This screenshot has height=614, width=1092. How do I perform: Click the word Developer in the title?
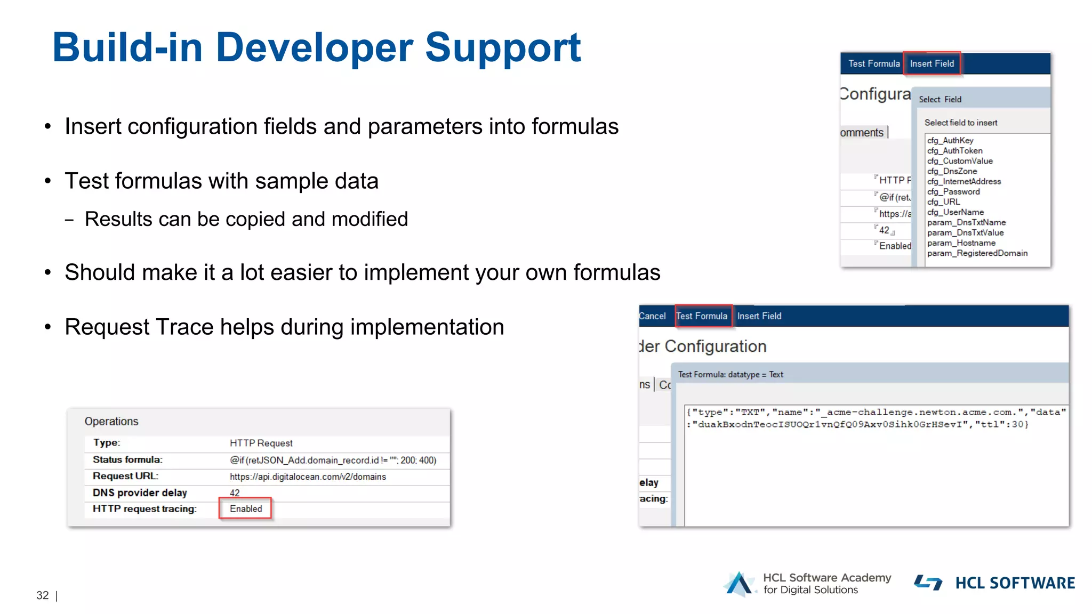(314, 48)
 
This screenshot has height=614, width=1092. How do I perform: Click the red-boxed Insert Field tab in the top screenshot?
(932, 63)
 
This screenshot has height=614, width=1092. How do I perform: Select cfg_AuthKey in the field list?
(950, 140)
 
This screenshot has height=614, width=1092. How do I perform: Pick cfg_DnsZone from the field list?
(952, 171)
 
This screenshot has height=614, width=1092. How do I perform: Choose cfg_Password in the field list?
(953, 191)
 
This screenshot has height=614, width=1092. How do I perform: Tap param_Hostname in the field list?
(961, 243)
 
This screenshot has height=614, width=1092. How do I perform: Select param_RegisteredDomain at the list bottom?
(977, 253)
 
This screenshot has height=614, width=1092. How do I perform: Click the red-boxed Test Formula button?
(702, 316)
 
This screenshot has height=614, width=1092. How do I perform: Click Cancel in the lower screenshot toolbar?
(653, 316)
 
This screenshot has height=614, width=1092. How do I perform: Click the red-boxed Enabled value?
(246, 508)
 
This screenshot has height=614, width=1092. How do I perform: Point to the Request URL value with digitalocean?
(308, 476)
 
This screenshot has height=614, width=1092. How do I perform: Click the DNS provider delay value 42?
(235, 493)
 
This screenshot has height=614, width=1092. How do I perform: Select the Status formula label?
(127, 459)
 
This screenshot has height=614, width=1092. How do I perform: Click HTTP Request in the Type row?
(261, 443)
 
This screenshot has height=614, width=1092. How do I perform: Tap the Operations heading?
(111, 421)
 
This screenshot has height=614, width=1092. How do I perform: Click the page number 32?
(43, 595)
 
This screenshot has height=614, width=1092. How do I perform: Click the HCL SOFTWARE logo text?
(1015, 583)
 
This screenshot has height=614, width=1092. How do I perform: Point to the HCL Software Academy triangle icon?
(739, 584)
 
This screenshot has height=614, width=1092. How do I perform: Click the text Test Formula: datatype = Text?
(730, 375)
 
